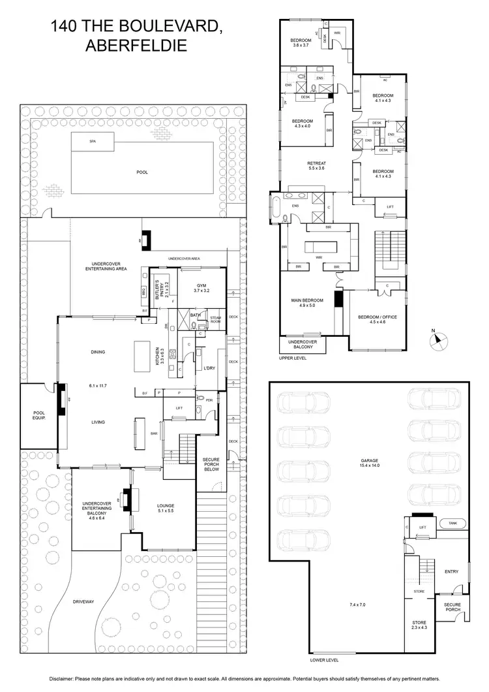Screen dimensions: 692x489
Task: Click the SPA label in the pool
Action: click(x=93, y=141)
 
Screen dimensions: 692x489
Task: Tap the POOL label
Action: click(x=142, y=172)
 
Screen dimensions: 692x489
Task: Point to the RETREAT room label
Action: click(x=317, y=165)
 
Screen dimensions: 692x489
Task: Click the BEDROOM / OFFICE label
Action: click(x=378, y=319)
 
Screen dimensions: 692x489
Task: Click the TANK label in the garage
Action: click(x=451, y=524)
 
